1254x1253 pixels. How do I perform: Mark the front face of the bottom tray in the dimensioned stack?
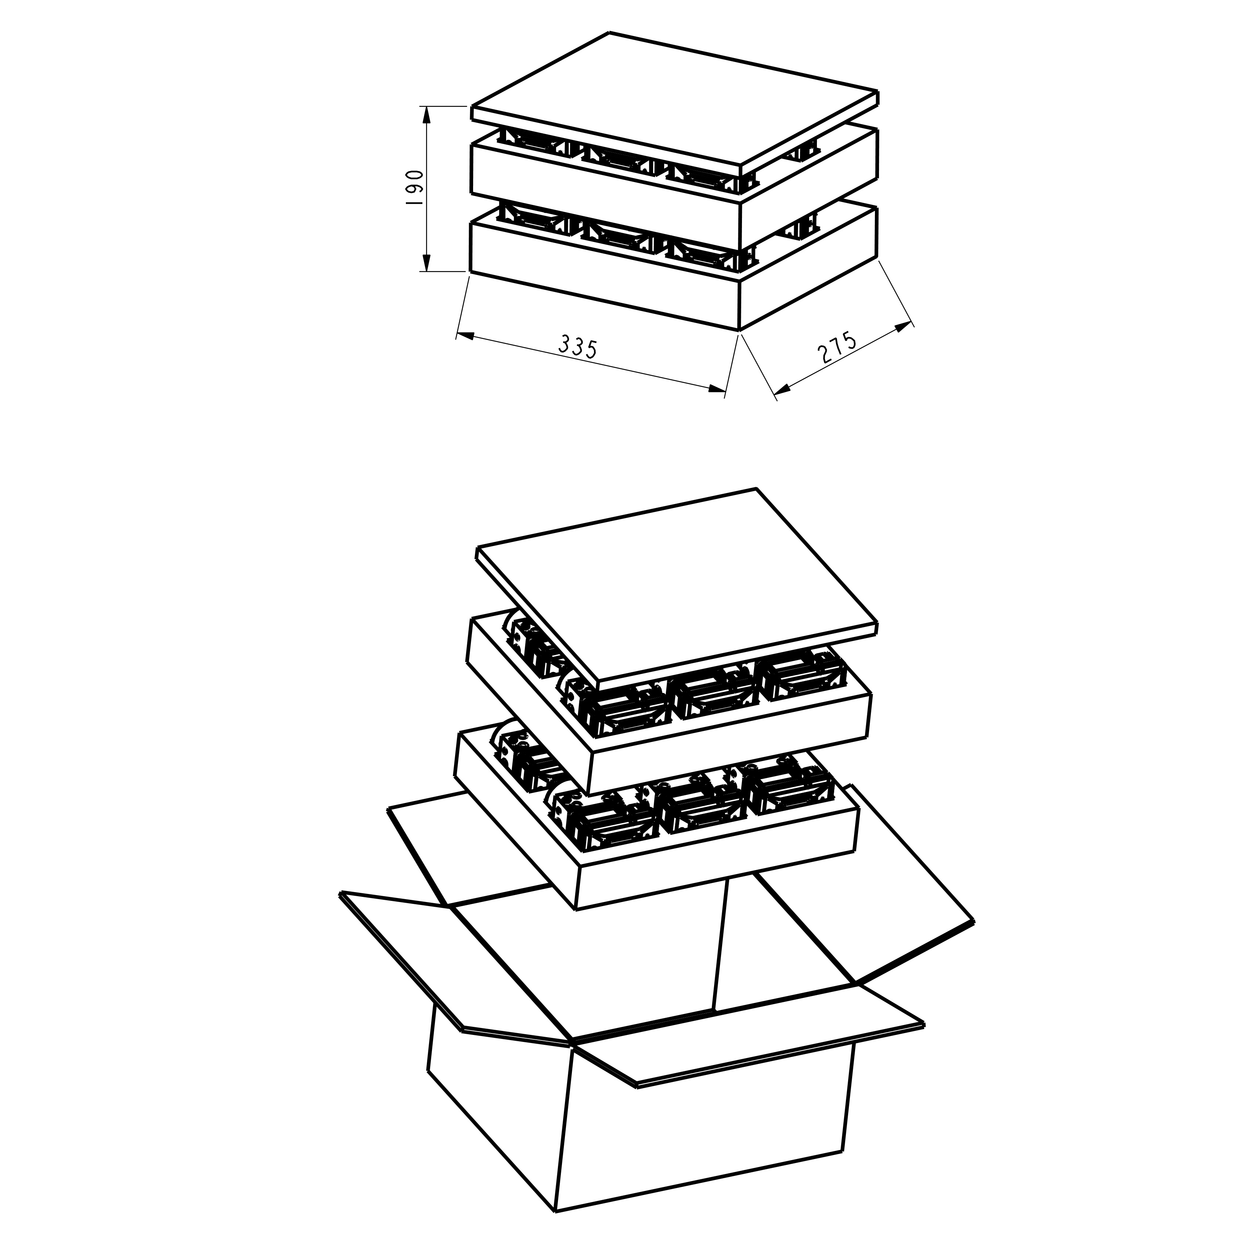point(603,272)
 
